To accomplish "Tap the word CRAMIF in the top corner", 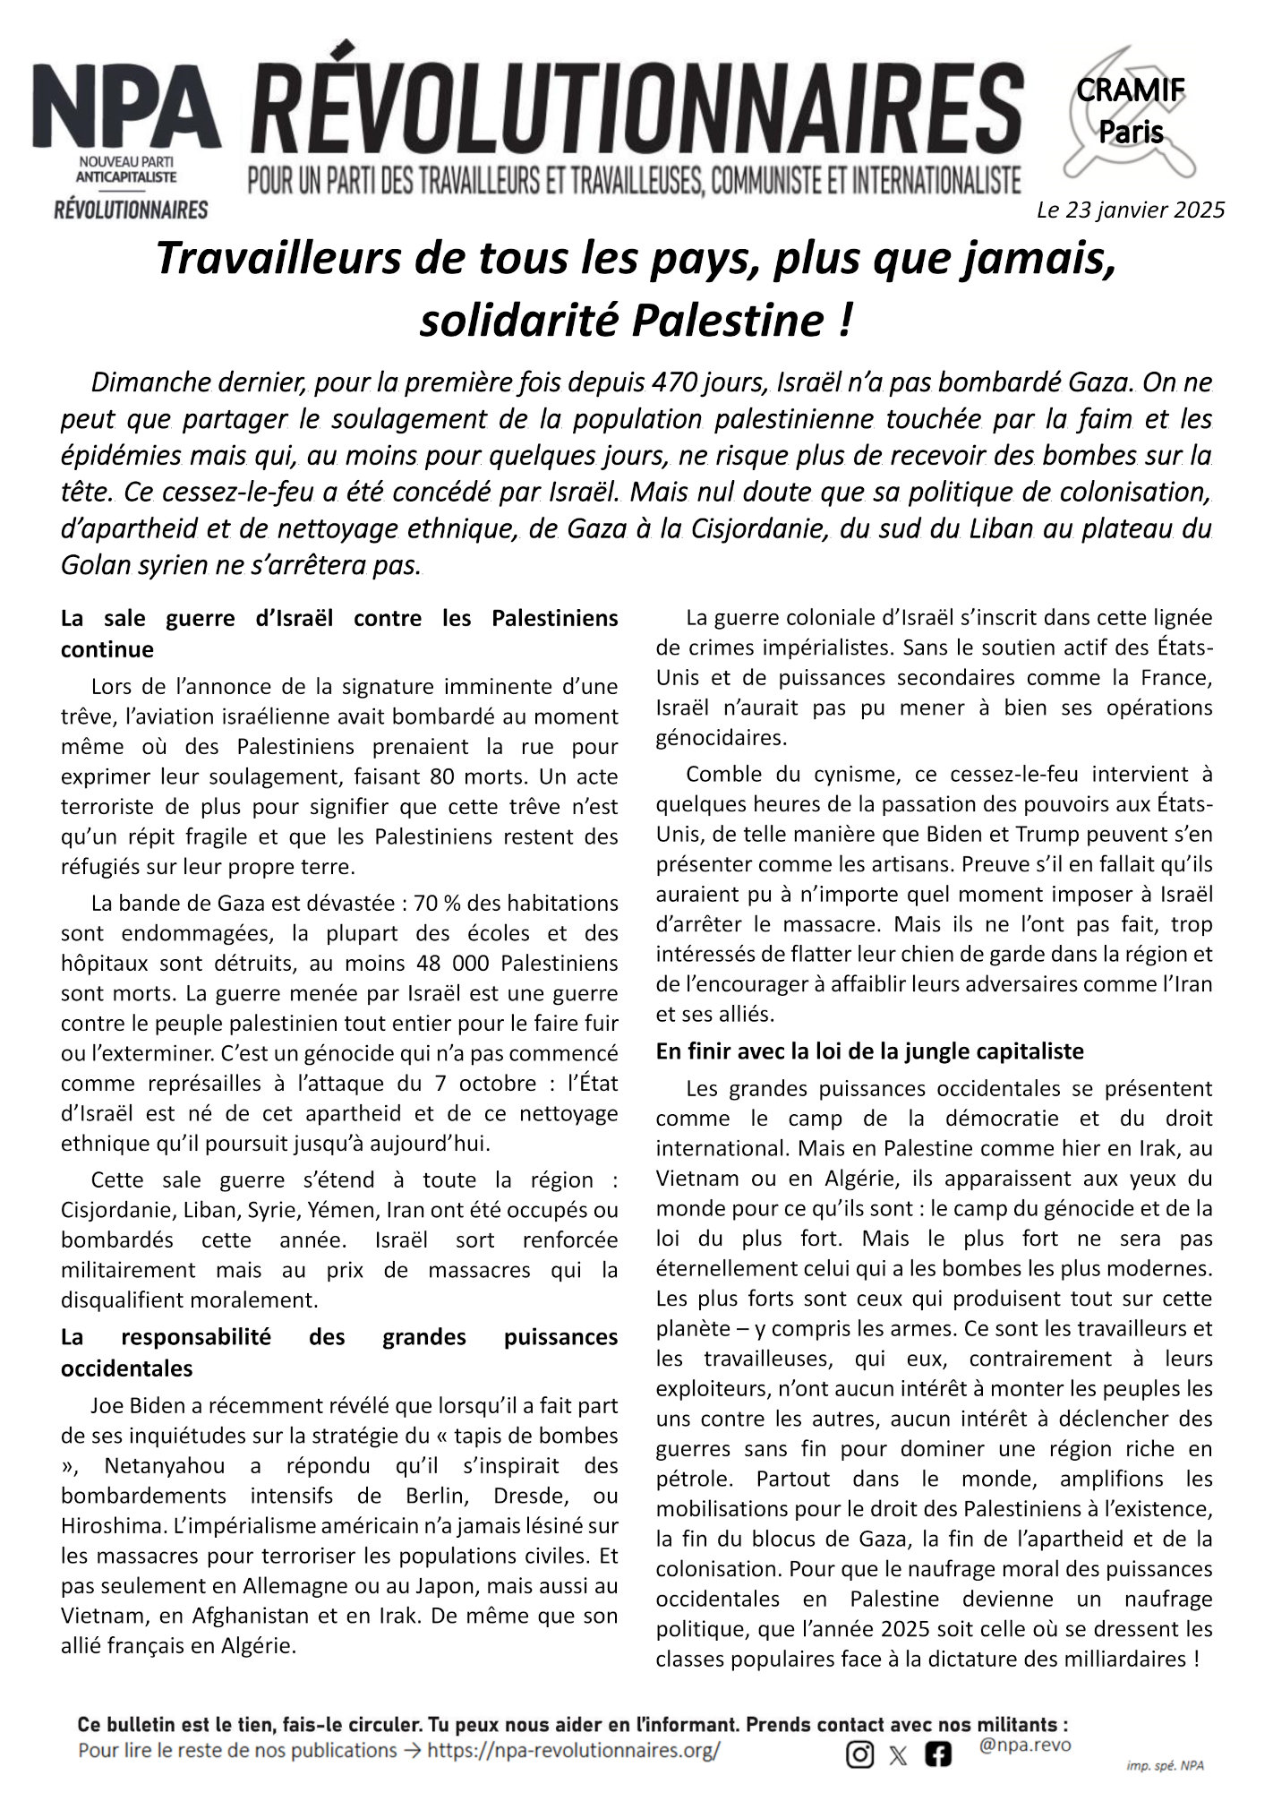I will (x=1131, y=90).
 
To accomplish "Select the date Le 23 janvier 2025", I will (x=1131, y=210).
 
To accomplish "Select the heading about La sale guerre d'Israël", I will (x=339, y=633).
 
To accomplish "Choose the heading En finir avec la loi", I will (x=869, y=1051).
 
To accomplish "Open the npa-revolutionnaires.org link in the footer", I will (x=573, y=1750).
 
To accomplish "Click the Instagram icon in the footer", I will (x=859, y=1755).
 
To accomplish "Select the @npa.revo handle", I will (x=1025, y=1745).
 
